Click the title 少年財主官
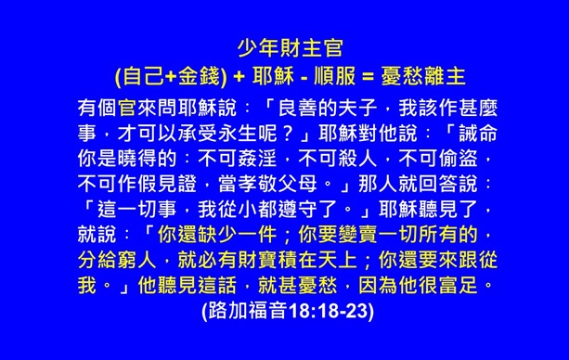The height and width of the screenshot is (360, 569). tap(284, 45)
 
